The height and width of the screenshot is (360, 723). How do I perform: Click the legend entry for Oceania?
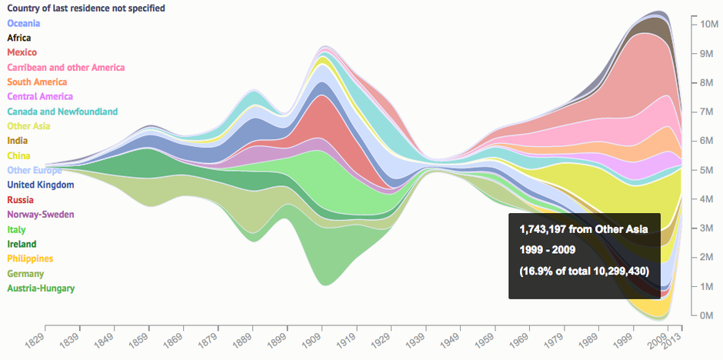23,23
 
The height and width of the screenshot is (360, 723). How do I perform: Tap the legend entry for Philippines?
30,259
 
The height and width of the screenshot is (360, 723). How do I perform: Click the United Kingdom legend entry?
40,185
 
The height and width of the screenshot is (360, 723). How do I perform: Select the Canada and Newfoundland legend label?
62,112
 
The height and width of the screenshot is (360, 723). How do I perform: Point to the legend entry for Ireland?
22,245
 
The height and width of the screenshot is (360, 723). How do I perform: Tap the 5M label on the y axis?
708,170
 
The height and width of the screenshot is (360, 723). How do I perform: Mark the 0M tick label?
708,315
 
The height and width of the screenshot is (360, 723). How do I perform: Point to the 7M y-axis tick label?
708,112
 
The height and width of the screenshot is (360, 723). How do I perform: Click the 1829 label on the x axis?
34,338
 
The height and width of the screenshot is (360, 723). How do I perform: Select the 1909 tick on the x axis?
311,338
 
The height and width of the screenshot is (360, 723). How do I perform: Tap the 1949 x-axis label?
449,338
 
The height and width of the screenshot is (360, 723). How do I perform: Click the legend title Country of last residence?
85,8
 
